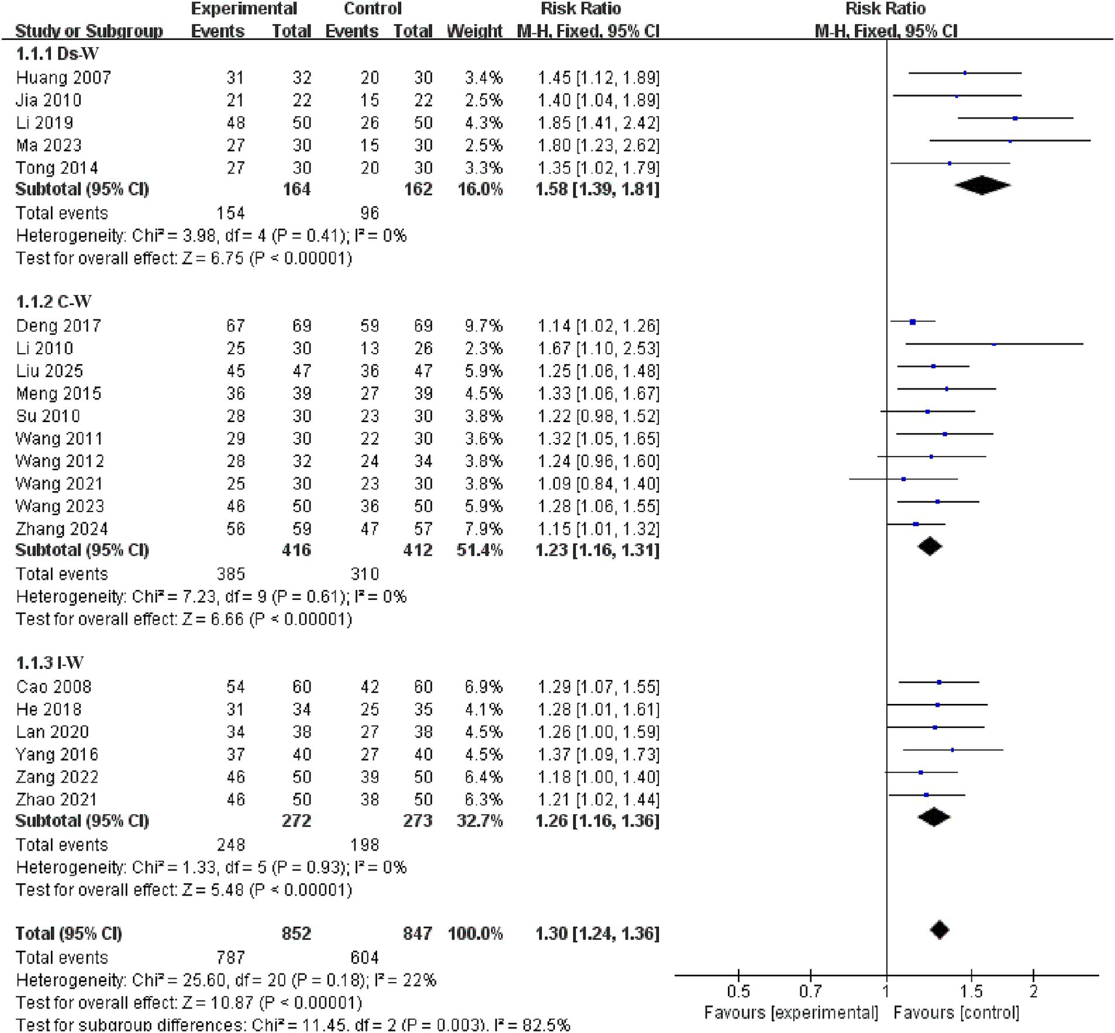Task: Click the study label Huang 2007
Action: coord(63,78)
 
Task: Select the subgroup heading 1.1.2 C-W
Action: coord(54,301)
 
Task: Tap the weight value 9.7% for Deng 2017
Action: coord(484,326)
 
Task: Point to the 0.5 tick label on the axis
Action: coord(738,992)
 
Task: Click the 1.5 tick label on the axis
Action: coord(971,992)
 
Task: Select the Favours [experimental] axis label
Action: coord(791,1013)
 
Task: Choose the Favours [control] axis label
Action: coord(956,1013)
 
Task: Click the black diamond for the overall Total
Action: coord(939,930)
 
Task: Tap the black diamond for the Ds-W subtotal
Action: coord(982,185)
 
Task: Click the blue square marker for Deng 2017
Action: coord(913,322)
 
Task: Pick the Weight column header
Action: coord(474,31)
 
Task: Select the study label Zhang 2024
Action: coord(62,529)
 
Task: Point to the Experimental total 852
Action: coord(296,933)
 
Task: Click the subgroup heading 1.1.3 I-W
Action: coord(49,663)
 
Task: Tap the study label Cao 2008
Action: coord(54,687)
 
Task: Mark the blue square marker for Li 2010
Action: coord(994,344)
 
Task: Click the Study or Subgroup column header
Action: coord(89,31)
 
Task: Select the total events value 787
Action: coord(231,957)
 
